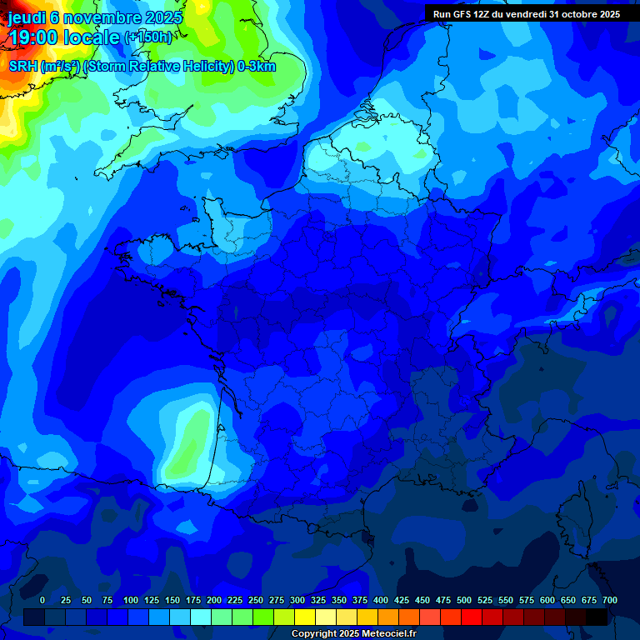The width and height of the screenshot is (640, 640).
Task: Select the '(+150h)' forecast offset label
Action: [147, 37]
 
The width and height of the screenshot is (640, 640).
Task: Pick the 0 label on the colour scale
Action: [42, 600]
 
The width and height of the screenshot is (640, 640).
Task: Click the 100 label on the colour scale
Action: [130, 600]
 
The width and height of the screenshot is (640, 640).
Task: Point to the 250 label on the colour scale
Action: [255, 600]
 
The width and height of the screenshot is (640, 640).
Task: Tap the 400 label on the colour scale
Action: [380, 600]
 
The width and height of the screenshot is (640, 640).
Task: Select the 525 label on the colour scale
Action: [484, 600]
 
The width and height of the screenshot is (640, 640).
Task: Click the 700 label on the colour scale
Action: [609, 600]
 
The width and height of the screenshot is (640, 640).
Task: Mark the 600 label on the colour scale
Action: [547, 600]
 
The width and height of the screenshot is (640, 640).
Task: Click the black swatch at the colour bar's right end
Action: [597, 617]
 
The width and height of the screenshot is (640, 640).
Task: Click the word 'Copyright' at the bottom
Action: [314, 634]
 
